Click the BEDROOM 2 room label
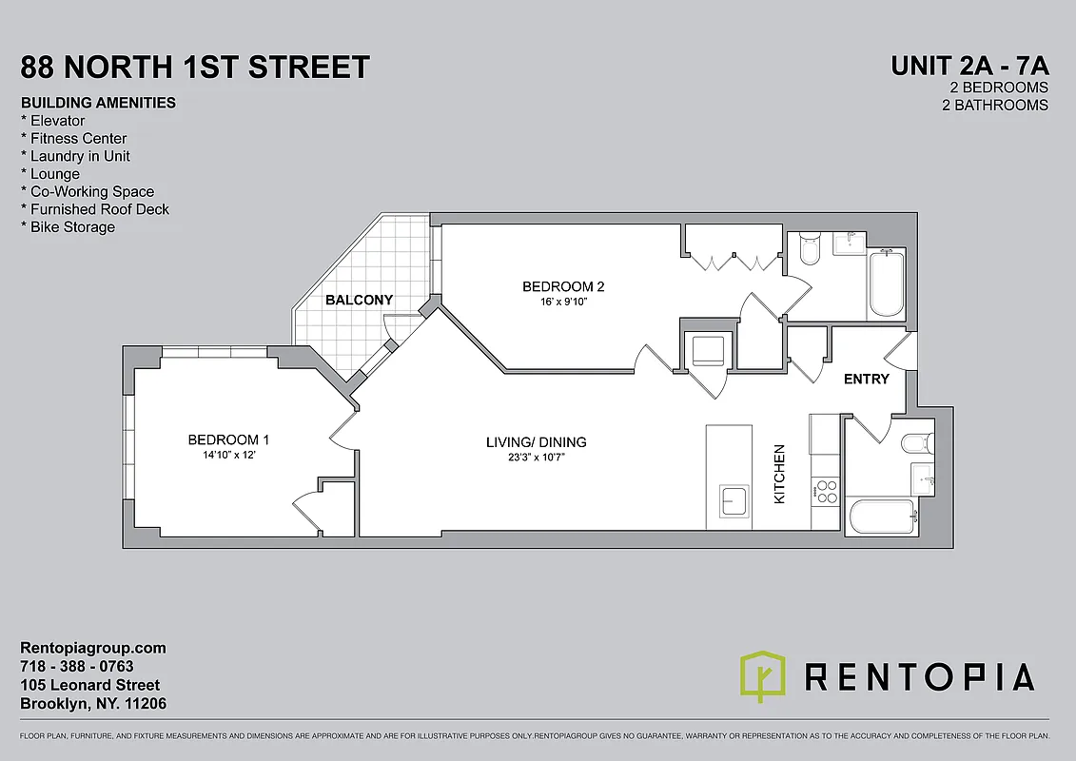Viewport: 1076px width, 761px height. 563,286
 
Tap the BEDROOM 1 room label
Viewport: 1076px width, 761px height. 228,439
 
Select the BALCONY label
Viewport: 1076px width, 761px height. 359,300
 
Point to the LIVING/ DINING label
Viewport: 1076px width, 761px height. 536,441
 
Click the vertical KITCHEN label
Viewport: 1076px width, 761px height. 779,474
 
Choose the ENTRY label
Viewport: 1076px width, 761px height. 867,379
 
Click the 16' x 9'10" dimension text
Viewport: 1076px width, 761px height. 563,302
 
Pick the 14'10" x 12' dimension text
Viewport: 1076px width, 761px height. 228,455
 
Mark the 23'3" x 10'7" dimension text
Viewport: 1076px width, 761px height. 536,458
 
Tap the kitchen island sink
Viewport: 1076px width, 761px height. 734,499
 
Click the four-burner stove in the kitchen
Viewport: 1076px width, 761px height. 825,491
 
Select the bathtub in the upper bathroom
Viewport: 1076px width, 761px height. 886,283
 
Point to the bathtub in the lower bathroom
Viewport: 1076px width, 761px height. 881,517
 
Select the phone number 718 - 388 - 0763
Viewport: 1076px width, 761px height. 77,666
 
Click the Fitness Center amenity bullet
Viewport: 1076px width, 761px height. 73,138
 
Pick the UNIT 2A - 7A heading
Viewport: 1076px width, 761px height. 968,66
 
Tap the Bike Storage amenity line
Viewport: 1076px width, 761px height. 68,226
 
